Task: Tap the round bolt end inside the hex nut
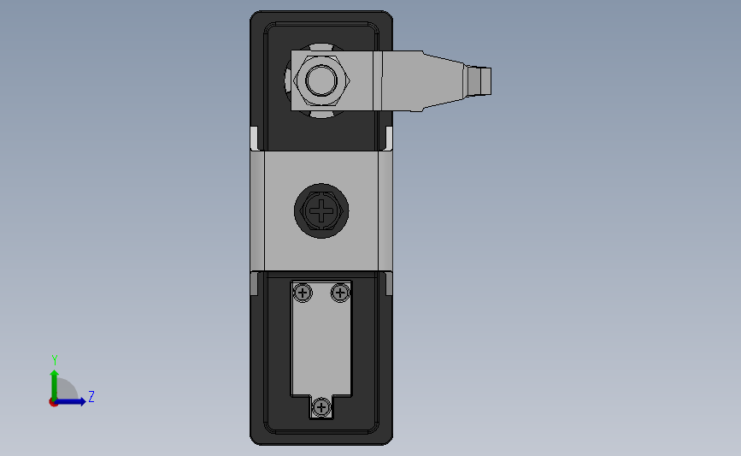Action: (x=321, y=82)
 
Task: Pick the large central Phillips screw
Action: (x=321, y=210)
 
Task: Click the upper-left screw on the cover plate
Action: (x=302, y=293)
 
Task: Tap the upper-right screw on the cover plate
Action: (x=339, y=293)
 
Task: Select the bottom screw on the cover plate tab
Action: (x=321, y=408)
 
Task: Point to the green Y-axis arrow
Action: (x=54, y=382)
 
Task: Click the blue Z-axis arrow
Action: (x=74, y=400)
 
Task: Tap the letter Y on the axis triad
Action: (x=54, y=360)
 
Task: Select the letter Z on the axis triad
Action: (x=91, y=397)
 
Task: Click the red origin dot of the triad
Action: (x=54, y=402)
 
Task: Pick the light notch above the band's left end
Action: (x=254, y=138)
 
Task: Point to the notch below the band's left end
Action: (x=254, y=282)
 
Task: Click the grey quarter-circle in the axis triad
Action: (x=65, y=393)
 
